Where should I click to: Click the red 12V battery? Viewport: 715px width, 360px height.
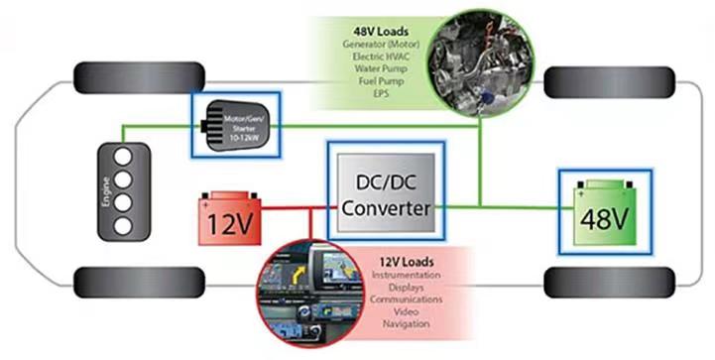pyautogui.click(x=230, y=218)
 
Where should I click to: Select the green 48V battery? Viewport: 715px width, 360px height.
pyautogui.click(x=605, y=212)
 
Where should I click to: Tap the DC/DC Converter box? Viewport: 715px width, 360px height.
pyautogui.click(x=386, y=192)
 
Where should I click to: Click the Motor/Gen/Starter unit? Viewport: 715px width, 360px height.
pyautogui.click(x=235, y=125)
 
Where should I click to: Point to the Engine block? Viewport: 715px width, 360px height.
pyautogui.click(x=124, y=191)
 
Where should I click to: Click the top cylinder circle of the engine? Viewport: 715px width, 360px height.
pyautogui.click(x=123, y=157)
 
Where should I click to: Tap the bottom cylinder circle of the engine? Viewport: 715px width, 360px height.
pyautogui.click(x=123, y=226)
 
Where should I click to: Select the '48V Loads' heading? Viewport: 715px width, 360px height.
pyautogui.click(x=381, y=32)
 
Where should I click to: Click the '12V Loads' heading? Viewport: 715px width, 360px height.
pyautogui.click(x=407, y=262)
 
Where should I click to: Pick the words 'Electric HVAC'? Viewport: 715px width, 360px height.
pyautogui.click(x=381, y=57)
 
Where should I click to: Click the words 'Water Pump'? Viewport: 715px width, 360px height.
pyautogui.click(x=381, y=68)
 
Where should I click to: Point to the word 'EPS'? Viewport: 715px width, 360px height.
pyautogui.click(x=381, y=93)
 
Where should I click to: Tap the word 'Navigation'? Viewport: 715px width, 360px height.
pyautogui.click(x=406, y=324)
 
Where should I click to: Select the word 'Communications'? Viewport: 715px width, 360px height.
pyautogui.click(x=406, y=300)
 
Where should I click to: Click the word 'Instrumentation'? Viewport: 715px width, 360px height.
pyautogui.click(x=406, y=275)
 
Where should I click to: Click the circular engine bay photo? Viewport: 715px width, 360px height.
pyautogui.click(x=481, y=62)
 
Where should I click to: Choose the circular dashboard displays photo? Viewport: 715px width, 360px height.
pyautogui.click(x=310, y=293)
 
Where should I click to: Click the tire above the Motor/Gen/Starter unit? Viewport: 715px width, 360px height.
pyautogui.click(x=139, y=78)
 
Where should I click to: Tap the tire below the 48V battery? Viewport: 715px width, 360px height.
pyautogui.click(x=609, y=283)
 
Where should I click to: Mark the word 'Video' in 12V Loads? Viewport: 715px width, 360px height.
pyautogui.click(x=406, y=311)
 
